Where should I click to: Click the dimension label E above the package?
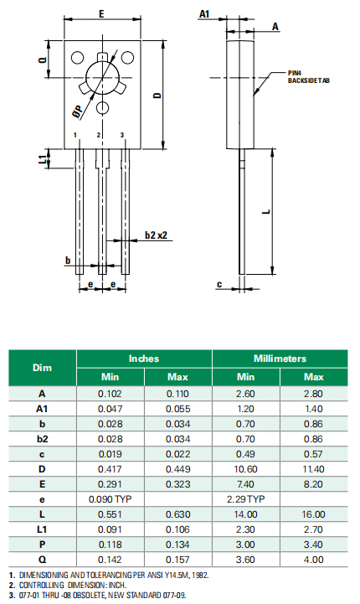(x=100, y=14)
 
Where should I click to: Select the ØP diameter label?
(x=76, y=110)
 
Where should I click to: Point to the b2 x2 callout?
(x=157, y=236)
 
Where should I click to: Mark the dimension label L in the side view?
(x=265, y=211)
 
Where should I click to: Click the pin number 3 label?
(x=123, y=135)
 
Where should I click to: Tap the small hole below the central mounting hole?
(x=102, y=107)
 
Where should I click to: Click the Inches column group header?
(x=144, y=358)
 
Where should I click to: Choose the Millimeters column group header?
(x=280, y=358)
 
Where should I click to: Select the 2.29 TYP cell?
(x=245, y=498)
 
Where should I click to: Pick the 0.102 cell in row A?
(x=110, y=393)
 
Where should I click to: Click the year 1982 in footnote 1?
(x=198, y=575)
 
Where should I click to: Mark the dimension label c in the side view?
(x=219, y=284)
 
